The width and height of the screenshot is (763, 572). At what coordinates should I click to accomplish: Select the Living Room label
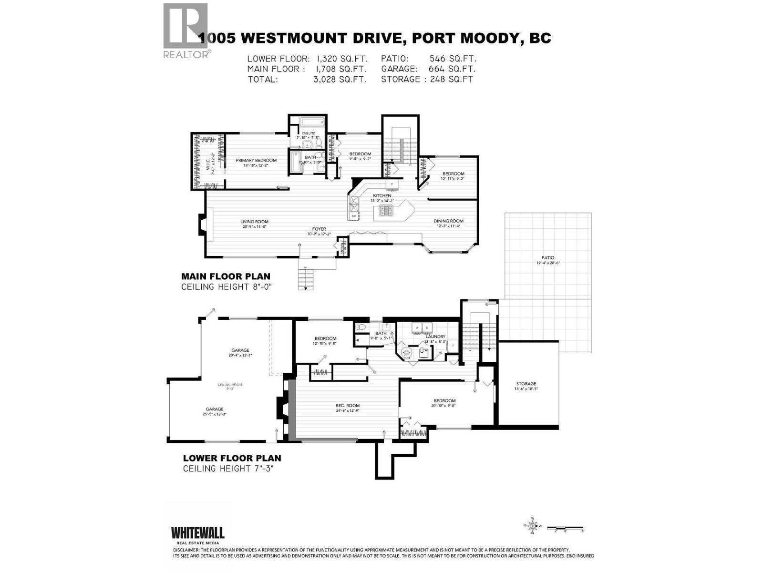(254, 222)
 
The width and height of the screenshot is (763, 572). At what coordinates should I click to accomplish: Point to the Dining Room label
(448, 221)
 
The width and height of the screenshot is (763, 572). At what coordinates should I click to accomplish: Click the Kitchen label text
(382, 196)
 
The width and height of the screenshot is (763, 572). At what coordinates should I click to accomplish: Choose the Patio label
(548, 258)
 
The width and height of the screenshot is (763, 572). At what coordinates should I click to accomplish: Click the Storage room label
(526, 384)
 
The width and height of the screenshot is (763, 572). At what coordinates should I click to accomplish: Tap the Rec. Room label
(347, 406)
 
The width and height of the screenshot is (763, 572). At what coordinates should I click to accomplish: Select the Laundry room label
(435, 337)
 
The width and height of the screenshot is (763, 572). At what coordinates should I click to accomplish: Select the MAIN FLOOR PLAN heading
(226, 276)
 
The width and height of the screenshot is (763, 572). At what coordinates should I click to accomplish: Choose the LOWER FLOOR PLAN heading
(232, 459)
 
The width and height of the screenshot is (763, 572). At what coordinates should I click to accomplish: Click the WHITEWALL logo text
(197, 532)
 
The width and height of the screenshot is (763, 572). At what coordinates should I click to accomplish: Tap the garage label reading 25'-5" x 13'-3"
(215, 411)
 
